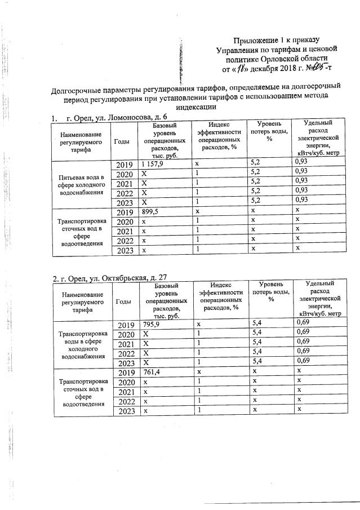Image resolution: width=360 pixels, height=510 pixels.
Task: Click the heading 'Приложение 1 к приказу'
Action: (276, 40)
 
